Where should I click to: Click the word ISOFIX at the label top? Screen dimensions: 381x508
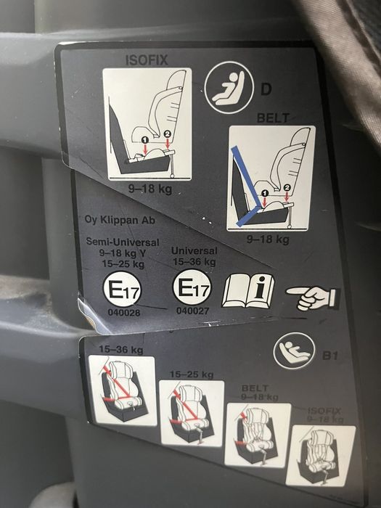pyautogui.click(x=147, y=60)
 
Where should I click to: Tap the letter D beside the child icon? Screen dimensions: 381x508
pyautogui.click(x=266, y=89)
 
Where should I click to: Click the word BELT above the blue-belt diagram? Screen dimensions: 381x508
pyautogui.click(x=273, y=118)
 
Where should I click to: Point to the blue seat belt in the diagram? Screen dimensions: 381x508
pyautogui.click(x=248, y=187)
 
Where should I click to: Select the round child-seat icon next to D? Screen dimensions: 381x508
pyautogui.click(x=229, y=88)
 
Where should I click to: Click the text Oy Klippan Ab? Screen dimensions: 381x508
pyautogui.click(x=120, y=220)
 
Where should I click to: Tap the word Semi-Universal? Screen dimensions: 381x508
pyautogui.click(x=123, y=242)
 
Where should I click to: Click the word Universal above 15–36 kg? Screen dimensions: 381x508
pyautogui.click(x=194, y=250)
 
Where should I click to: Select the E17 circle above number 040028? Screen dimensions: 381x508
pyautogui.click(x=122, y=289)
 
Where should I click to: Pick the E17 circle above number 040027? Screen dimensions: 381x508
pyautogui.click(x=192, y=287)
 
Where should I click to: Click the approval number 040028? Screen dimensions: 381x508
pyautogui.click(x=124, y=313)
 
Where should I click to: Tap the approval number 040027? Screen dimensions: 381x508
pyautogui.click(x=192, y=311)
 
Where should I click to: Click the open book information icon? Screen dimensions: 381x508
pyautogui.click(x=248, y=291)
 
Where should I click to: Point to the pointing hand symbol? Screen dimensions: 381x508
pyautogui.click(x=313, y=298)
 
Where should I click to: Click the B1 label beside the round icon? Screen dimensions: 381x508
pyautogui.click(x=329, y=356)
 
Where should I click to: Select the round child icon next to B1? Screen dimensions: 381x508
pyautogui.click(x=294, y=351)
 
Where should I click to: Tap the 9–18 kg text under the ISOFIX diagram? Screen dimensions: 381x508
pyautogui.click(x=150, y=189)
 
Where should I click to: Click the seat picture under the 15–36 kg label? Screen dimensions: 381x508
pyautogui.click(x=123, y=390)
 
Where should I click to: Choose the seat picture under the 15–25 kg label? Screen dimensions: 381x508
pyautogui.click(x=192, y=414)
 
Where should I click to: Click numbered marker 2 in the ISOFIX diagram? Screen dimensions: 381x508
pyautogui.click(x=167, y=134)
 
